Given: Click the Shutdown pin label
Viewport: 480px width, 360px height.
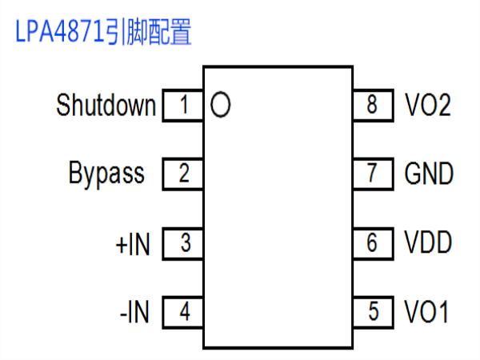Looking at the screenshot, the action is pyautogui.click(x=106, y=105).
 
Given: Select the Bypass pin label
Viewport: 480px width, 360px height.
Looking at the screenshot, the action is pyautogui.click(x=106, y=174).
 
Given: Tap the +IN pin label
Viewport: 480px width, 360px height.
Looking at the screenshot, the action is pyautogui.click(x=133, y=244).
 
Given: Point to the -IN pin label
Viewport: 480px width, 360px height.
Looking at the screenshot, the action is pyautogui.click(x=134, y=312).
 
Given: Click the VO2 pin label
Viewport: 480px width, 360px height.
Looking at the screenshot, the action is pyautogui.click(x=428, y=105).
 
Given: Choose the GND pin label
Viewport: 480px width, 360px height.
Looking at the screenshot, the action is pyautogui.click(x=429, y=174).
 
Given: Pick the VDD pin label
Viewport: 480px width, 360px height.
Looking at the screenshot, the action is pyautogui.click(x=428, y=242).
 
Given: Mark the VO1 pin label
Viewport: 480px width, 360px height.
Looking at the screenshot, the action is pyautogui.click(x=426, y=311).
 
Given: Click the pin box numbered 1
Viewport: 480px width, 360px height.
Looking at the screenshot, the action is pyautogui.click(x=182, y=106).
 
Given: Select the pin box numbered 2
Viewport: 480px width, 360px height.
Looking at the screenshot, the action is pyautogui.click(x=182, y=174).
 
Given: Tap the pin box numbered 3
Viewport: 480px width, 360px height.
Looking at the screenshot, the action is pyautogui.click(x=182, y=244).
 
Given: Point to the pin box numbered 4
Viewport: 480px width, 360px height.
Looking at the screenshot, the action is pyautogui.click(x=182, y=312).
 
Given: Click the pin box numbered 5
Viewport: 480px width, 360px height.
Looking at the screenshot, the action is pyautogui.click(x=373, y=312).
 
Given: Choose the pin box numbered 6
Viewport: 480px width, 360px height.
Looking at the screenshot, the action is pyautogui.click(x=373, y=244).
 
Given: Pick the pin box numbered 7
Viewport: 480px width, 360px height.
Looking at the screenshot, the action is pyautogui.click(x=373, y=174).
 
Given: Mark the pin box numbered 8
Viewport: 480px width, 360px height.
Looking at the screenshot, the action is pyautogui.click(x=373, y=106).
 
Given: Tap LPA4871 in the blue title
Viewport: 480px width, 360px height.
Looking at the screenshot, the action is pyautogui.click(x=59, y=31).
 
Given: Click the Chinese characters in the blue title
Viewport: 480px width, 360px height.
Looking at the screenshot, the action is pyautogui.click(x=148, y=31).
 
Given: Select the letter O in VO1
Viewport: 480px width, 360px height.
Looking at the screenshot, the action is pyautogui.click(x=429, y=311).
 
